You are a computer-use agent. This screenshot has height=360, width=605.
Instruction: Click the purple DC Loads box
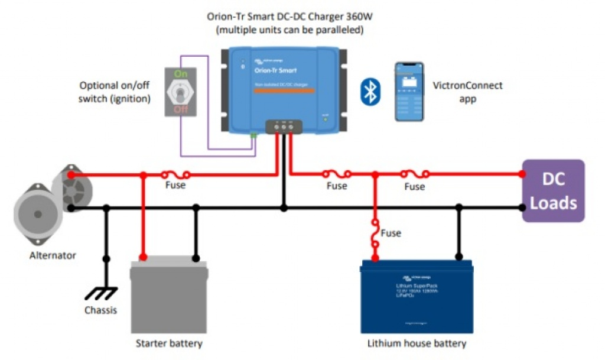click(553, 190)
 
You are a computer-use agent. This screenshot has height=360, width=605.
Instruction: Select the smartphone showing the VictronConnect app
click(409, 92)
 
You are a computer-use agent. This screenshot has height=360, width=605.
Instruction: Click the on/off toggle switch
click(181, 92)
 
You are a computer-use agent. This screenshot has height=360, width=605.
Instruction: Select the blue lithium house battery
click(416, 296)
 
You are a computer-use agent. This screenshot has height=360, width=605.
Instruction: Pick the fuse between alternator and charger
click(176, 174)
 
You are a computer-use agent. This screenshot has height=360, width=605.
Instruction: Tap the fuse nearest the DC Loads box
click(414, 174)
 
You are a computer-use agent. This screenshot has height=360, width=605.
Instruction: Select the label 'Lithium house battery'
click(417, 343)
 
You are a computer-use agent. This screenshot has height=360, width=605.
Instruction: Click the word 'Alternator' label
click(53, 255)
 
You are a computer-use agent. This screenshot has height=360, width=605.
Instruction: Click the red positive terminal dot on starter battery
click(143, 258)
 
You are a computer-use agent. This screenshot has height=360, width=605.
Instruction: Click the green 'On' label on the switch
click(181, 74)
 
